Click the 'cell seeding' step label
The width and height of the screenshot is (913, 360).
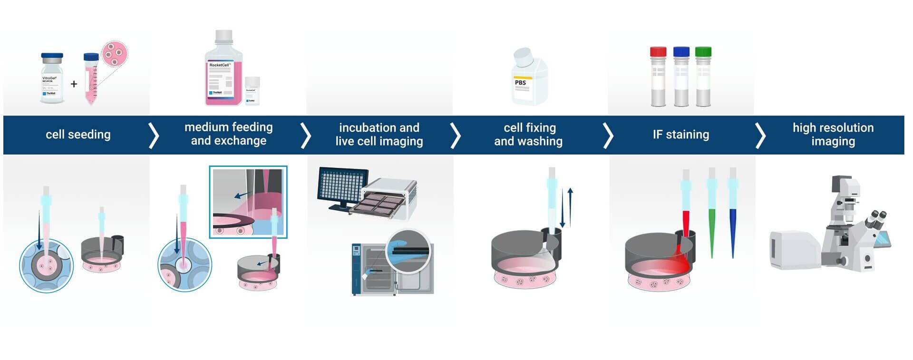78,135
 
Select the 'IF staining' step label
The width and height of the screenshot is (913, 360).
680,135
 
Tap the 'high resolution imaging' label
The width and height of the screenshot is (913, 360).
833,135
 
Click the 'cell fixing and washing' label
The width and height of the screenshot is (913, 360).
528,135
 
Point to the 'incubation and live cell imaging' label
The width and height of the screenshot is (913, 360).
379,135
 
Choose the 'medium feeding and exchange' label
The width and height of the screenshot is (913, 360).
228,134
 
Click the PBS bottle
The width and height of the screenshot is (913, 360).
528,78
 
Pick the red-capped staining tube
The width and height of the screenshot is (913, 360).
658,76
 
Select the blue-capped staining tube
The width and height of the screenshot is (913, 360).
681,76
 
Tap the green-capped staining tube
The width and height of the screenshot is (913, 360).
703,76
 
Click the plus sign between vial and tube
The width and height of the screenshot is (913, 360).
74,84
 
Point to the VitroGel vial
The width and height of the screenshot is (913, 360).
52,78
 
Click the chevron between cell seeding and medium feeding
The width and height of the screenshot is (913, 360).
153,136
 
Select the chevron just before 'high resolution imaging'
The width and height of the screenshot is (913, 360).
760,136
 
